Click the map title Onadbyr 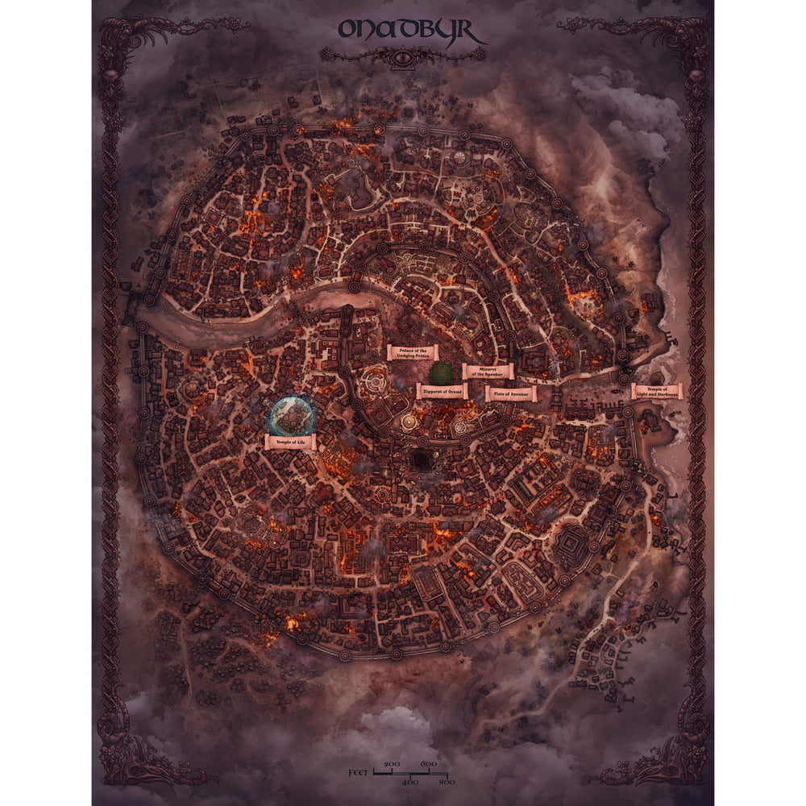click(411, 30)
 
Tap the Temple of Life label click(290, 442)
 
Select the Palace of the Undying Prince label click(412, 352)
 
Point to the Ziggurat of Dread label click(442, 391)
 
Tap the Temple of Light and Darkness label click(657, 392)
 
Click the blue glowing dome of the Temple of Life click(289, 414)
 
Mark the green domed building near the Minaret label click(440, 372)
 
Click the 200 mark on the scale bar click(393, 763)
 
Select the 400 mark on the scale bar click(410, 782)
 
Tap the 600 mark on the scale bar click(428, 763)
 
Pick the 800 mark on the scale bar click(446, 782)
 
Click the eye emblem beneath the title click(403, 56)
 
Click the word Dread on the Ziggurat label click(453, 391)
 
